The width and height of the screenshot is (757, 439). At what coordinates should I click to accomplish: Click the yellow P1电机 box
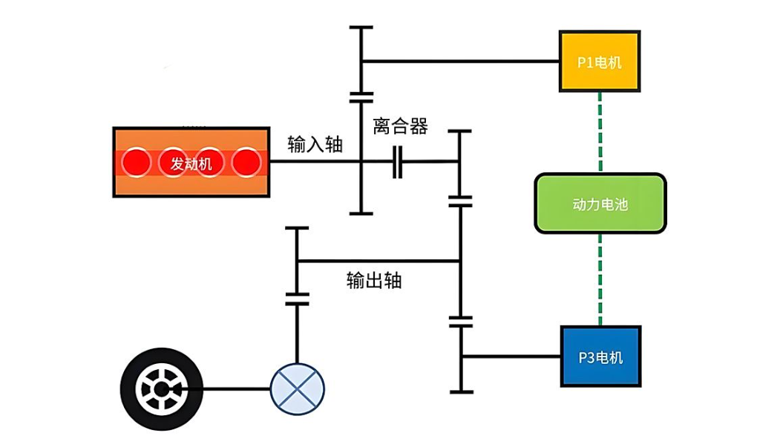[x=600, y=62]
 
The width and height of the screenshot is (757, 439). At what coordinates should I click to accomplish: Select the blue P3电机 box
[x=600, y=357]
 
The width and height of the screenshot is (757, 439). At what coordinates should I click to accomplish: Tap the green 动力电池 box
[x=600, y=203]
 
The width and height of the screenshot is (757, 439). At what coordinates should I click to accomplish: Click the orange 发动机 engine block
[x=191, y=162]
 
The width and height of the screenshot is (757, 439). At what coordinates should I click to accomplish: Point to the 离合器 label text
[x=401, y=126]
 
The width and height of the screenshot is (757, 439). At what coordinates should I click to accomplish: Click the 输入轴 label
[x=315, y=145]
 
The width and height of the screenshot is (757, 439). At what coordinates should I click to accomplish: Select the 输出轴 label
[x=374, y=280]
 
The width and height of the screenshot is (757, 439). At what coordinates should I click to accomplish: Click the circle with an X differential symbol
[x=297, y=388]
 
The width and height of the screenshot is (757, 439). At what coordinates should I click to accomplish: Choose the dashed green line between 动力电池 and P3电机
[x=600, y=279]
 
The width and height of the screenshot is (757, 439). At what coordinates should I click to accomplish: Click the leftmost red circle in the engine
[x=137, y=162]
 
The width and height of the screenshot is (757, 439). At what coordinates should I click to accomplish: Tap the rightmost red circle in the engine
[x=246, y=162]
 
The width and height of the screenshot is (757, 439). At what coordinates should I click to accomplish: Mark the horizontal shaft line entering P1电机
[x=460, y=61]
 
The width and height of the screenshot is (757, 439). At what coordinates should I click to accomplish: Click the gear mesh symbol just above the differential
[x=297, y=298]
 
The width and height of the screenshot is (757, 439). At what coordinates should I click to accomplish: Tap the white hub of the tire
[x=159, y=388]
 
